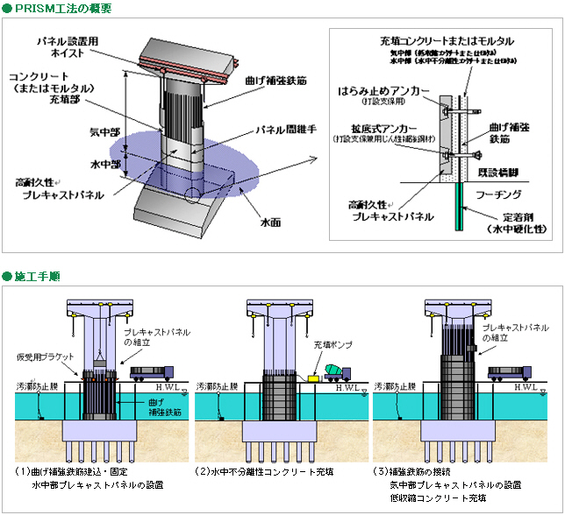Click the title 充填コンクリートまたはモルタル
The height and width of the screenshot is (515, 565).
pyautogui.click(x=447, y=40)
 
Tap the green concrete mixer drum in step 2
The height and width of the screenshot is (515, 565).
pyautogui.click(x=337, y=371)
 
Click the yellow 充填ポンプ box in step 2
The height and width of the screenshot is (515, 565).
pyautogui.click(x=311, y=377)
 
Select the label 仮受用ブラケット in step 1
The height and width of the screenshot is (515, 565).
pyautogui.click(x=41, y=357)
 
